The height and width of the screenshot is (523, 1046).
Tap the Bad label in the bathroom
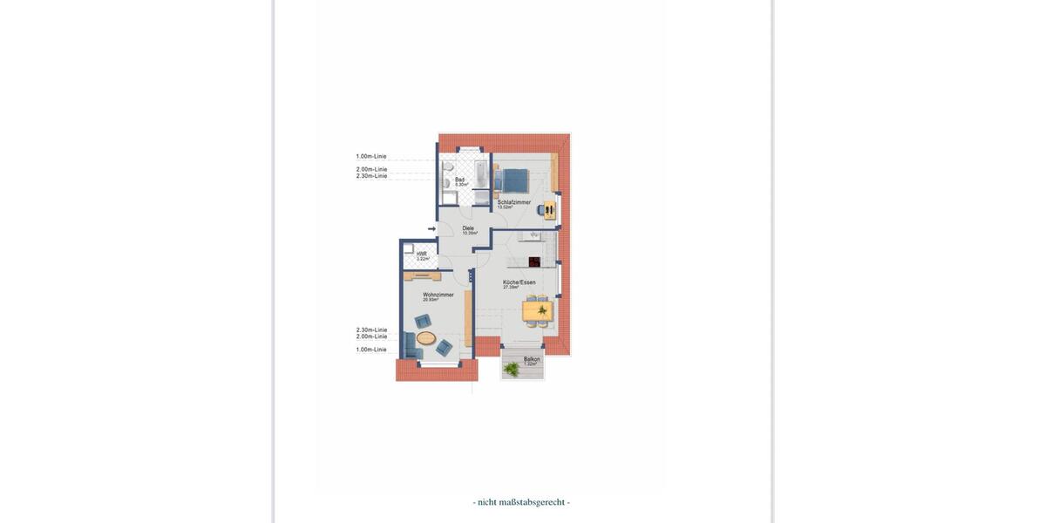click(459, 180)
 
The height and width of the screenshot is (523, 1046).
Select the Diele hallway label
click(468, 228)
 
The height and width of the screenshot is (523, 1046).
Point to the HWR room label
click(421, 254)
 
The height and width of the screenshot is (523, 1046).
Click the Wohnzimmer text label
click(438, 295)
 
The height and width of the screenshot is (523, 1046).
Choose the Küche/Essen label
click(519, 282)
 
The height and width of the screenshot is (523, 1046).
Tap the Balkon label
click(532, 359)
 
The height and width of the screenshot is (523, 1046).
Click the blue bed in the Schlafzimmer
click(513, 180)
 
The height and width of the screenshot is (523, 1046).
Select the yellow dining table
click(537, 311)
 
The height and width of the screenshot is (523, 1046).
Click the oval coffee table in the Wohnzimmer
click(425, 337)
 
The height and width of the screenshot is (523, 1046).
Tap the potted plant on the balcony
click(512, 370)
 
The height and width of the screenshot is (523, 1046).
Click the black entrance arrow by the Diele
click(431, 229)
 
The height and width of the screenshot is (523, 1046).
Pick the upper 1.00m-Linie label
click(370, 157)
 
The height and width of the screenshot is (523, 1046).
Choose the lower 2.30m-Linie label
click(371, 329)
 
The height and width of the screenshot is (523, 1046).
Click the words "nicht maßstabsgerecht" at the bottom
click(521, 502)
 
